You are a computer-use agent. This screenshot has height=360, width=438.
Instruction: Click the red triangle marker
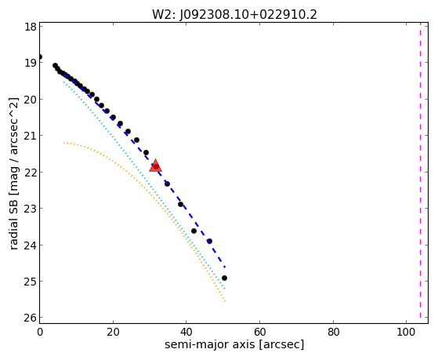[x=155, y=165]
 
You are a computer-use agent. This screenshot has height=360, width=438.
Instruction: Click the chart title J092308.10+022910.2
[x=248, y=15]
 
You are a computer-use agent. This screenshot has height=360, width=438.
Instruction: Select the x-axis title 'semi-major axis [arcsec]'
[x=234, y=344]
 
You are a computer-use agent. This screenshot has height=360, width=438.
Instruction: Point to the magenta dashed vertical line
[x=420, y=173]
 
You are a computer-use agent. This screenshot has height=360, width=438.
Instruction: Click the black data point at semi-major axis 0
[x=40, y=56]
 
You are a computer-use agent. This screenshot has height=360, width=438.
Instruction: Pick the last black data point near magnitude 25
[x=224, y=278]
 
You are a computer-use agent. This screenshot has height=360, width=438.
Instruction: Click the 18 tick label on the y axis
[x=30, y=27]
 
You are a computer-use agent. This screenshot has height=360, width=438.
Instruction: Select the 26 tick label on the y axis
[x=30, y=318]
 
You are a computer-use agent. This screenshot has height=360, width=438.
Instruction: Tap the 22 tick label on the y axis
[x=30, y=173]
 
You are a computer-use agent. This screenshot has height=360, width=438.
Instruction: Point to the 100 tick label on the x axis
[x=406, y=332]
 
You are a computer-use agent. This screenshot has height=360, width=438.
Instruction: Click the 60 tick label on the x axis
[x=259, y=332]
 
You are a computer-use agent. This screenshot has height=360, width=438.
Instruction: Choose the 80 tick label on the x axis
[x=333, y=332]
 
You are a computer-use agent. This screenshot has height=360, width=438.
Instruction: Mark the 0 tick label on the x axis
[x=40, y=332]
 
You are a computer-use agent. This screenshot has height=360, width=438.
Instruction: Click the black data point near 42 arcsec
[x=194, y=231]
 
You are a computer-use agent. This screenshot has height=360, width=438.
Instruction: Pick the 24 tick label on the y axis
[x=30, y=245]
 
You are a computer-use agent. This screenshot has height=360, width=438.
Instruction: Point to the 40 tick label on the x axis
[x=186, y=332]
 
